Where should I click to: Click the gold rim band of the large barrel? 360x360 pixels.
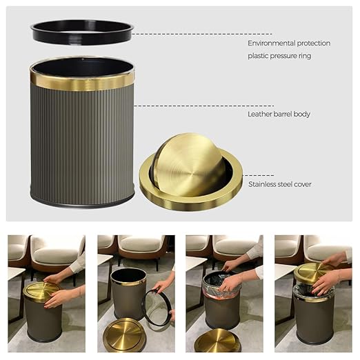coord(82,82)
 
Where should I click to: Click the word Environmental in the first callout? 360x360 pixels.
coord(274,43)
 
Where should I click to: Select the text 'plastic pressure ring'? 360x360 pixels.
coord(279,56)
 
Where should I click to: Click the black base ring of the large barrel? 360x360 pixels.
coord(82,201)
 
